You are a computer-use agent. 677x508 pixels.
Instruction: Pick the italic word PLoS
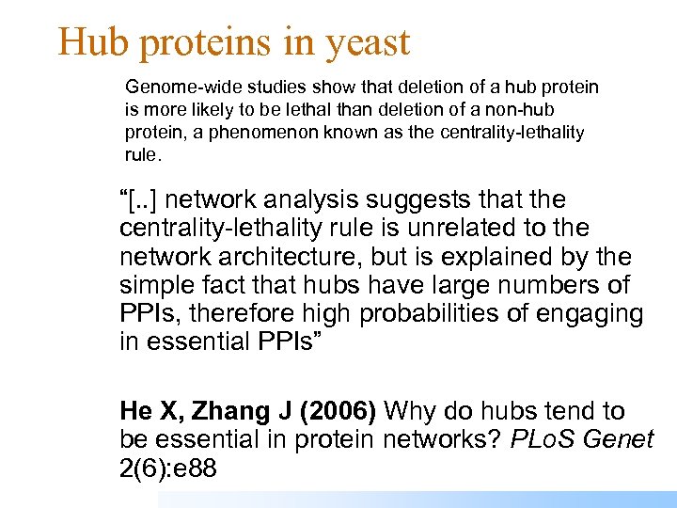544,439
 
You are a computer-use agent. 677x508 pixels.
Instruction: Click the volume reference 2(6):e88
168,468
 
